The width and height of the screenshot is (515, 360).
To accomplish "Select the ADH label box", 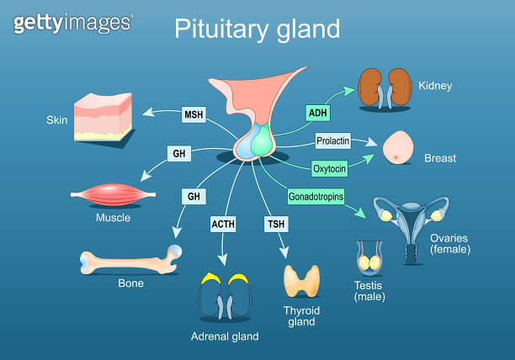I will click(318, 112).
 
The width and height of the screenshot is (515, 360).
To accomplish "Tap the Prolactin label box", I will click(332, 140).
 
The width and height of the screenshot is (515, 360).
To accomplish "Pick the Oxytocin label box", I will click(329, 167).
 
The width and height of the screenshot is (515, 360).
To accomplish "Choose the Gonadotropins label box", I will click(316, 196).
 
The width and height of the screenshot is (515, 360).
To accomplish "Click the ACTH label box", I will click(223, 224).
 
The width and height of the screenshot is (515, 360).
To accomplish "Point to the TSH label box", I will click(275, 224).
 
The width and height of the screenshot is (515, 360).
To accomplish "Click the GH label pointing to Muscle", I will click(179, 154).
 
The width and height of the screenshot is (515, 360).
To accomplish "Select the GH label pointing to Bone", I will click(193, 196).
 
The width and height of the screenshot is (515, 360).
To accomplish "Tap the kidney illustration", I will click(385, 88).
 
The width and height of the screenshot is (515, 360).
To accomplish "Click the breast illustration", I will click(398, 150).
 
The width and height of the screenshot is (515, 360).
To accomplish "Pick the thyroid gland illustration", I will click(300, 282).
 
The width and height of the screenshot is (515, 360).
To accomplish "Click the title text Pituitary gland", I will click(257, 29).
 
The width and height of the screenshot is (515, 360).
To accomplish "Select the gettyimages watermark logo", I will click(72, 23).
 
